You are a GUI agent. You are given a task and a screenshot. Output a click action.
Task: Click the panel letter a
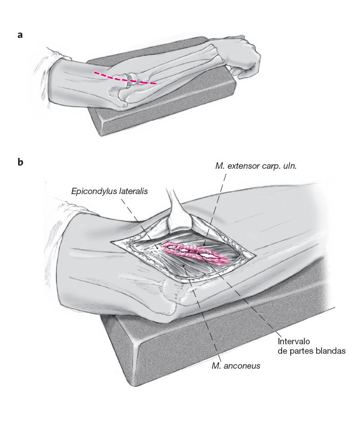point(20,34)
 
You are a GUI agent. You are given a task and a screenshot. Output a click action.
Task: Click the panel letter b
point(20,162)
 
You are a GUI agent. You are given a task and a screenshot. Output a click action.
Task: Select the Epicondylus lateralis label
point(110,191)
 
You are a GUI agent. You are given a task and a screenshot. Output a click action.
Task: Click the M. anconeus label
point(236,366)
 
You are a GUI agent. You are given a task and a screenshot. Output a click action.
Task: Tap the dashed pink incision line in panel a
point(125,78)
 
